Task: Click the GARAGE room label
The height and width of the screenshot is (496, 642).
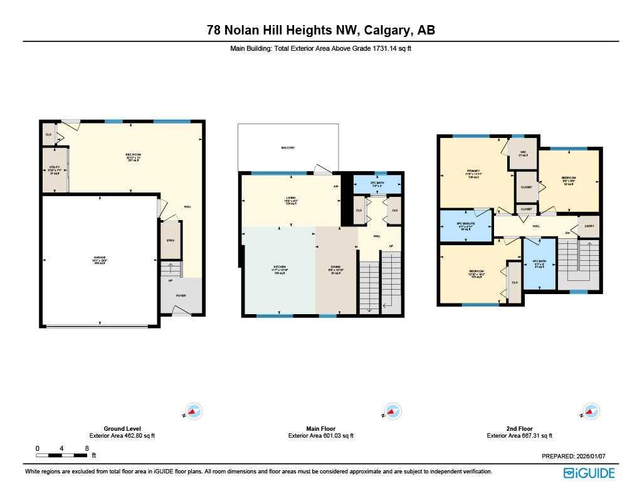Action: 100,258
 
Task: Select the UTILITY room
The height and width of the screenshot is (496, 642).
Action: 54,169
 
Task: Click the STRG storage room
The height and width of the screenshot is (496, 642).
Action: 170,240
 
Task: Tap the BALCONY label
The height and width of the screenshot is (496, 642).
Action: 288,147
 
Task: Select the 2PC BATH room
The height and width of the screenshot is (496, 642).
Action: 377,184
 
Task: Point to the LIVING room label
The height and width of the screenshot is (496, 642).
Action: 291,200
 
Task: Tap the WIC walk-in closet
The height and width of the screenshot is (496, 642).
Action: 523,154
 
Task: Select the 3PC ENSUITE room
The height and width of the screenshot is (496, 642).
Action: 465,226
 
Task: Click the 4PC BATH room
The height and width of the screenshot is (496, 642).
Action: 539,264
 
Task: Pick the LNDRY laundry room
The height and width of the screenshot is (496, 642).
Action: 589,226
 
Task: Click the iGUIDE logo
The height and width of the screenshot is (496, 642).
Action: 589,473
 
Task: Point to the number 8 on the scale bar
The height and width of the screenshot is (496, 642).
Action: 87,448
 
